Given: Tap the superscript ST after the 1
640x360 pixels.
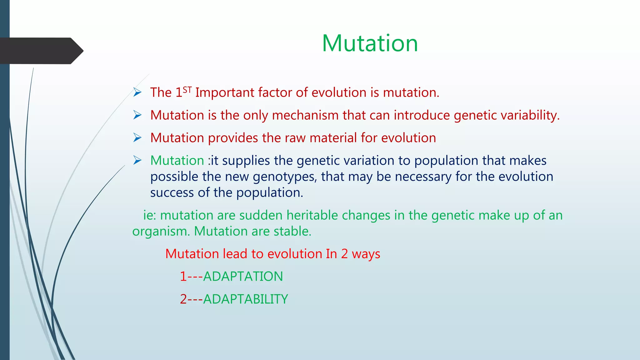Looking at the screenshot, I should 187,90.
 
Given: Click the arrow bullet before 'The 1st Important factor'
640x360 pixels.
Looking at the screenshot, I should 137,92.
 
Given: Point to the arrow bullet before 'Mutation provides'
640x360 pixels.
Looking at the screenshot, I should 137,137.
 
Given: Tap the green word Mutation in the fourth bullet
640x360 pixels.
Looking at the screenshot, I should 177,160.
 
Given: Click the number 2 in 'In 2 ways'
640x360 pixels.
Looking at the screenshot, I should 344,254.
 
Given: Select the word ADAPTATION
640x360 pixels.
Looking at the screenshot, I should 243,277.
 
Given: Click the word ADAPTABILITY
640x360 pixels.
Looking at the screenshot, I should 245,299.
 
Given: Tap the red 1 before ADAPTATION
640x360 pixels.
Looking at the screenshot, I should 183,277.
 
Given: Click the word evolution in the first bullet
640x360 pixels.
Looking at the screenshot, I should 339,92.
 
